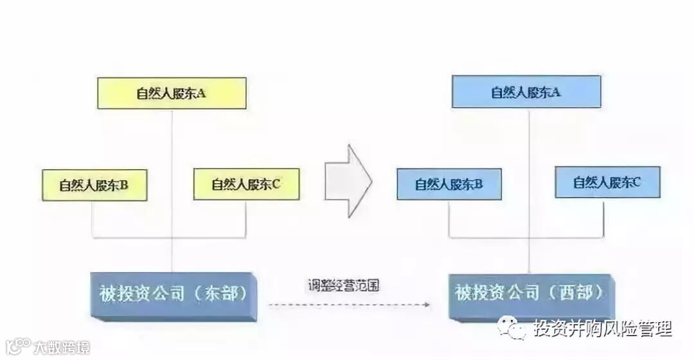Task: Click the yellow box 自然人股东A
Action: click(172, 93)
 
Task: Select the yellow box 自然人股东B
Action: click(94, 185)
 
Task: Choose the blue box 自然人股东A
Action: click(526, 92)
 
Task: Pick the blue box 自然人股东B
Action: click(449, 184)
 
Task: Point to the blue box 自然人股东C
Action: click(607, 183)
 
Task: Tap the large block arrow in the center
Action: click(348, 179)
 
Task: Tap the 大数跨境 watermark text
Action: click(62, 347)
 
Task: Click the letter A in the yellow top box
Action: click(201, 93)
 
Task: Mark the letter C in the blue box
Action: click(636, 183)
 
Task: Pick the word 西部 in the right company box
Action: click(573, 293)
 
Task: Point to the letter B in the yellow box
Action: click(124, 185)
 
